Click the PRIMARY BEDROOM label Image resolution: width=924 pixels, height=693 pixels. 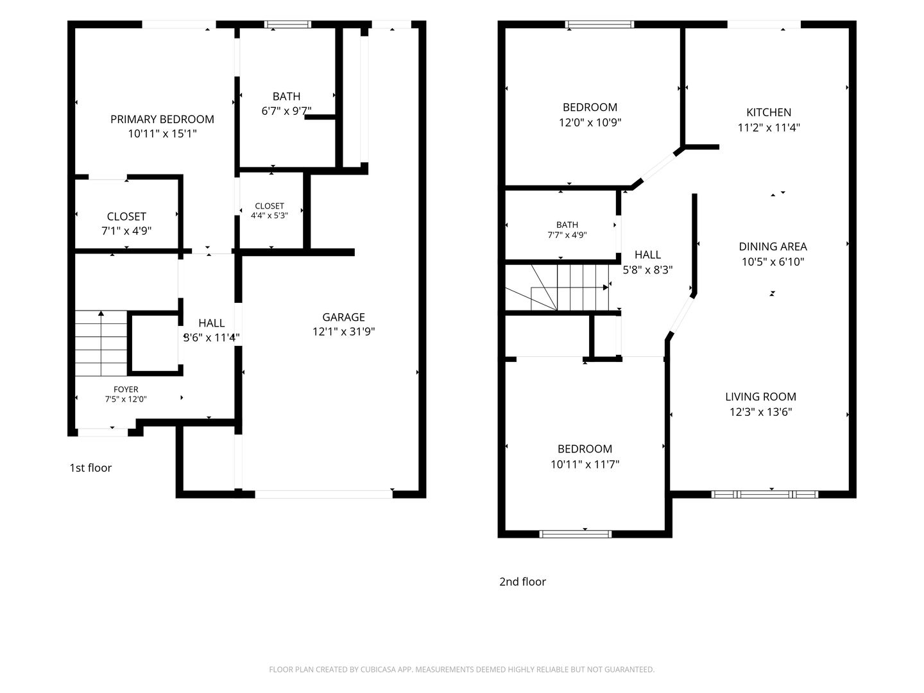pyautogui.click(x=162, y=119)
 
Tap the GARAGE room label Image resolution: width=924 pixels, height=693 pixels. pyautogui.click(x=343, y=317)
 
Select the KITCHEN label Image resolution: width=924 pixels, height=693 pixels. pyautogui.click(x=769, y=112)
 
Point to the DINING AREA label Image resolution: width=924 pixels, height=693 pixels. pyautogui.click(x=773, y=246)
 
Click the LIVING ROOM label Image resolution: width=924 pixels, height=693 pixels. pyautogui.click(x=760, y=397)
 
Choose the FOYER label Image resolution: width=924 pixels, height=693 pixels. pyautogui.click(x=126, y=389)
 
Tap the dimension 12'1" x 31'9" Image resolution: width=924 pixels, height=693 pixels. pyautogui.click(x=343, y=332)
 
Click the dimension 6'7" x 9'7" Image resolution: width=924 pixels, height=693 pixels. pyautogui.click(x=286, y=110)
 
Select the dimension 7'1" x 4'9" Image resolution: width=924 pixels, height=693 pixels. pyautogui.click(x=126, y=230)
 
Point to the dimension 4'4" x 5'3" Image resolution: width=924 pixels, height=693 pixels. pyautogui.click(x=269, y=216)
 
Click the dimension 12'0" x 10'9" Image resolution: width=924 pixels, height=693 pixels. pyautogui.click(x=590, y=123)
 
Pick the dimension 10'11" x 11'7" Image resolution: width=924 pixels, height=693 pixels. pyautogui.click(x=585, y=464)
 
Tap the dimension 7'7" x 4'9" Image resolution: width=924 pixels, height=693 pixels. pyautogui.click(x=567, y=235)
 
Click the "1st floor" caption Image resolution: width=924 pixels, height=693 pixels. pyautogui.click(x=90, y=468)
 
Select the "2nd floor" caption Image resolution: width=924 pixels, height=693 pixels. pyautogui.click(x=522, y=581)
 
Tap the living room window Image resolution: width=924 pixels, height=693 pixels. pyautogui.click(x=764, y=494)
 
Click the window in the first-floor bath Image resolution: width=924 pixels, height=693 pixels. pyautogui.click(x=288, y=24)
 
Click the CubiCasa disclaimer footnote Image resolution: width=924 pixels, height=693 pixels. pyautogui.click(x=462, y=669)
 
